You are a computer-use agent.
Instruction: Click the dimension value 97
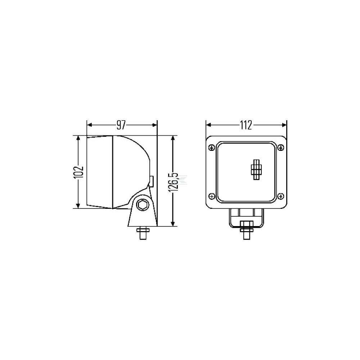pyautogui.click(x=121, y=125)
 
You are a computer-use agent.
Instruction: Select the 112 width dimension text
pyautogui.click(x=246, y=125)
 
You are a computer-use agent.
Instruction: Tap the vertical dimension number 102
pyautogui.click(x=78, y=172)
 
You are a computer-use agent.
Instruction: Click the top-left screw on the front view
pyautogui.click(x=212, y=147)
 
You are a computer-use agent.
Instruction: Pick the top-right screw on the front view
pyautogui.click(x=281, y=147)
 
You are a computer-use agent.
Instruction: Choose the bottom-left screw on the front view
pyautogui.click(x=212, y=196)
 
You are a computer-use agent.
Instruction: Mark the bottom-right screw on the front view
pyautogui.click(x=281, y=196)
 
